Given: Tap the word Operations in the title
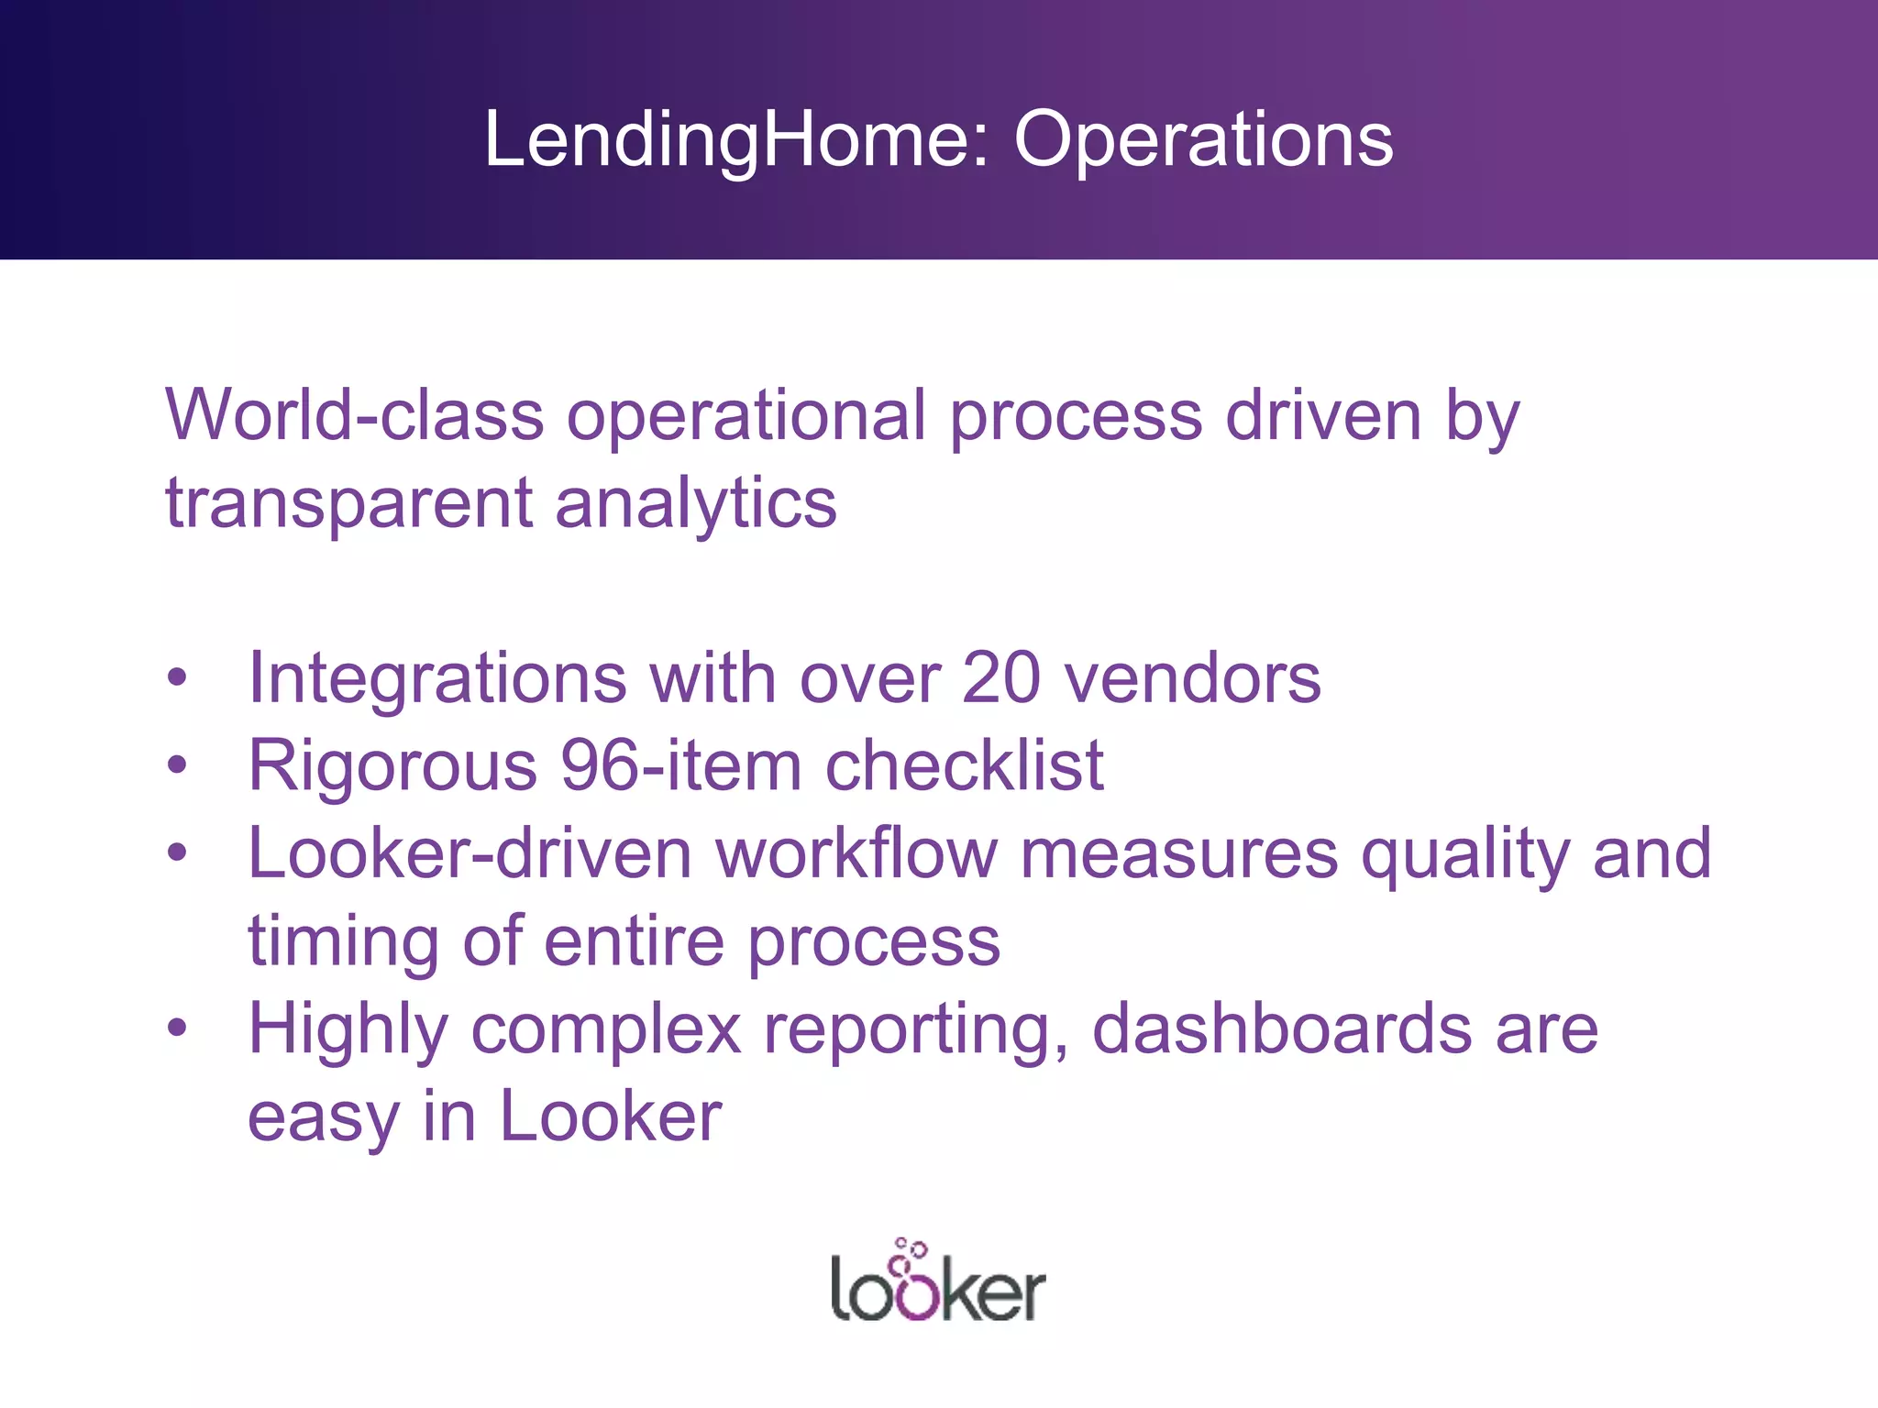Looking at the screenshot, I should pos(1203,139).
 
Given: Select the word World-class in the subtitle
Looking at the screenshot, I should pos(354,415).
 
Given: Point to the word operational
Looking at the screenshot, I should pos(746,415).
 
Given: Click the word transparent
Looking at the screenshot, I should pos(348,503).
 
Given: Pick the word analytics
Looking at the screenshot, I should pos(696,503).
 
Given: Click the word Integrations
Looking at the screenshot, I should pos(437,678).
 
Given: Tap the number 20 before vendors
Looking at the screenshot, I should pos(1001,678).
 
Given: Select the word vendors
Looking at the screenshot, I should pos(1192,678).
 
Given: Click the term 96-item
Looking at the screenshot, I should pos(681,765).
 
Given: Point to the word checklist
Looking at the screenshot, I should pos(965,765).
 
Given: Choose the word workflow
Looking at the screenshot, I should pos(856,853).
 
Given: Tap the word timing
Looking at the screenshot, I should pos(343,942).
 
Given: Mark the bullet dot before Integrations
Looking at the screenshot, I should pos(177,678).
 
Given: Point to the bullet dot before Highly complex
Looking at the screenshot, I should pos(177,1028).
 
